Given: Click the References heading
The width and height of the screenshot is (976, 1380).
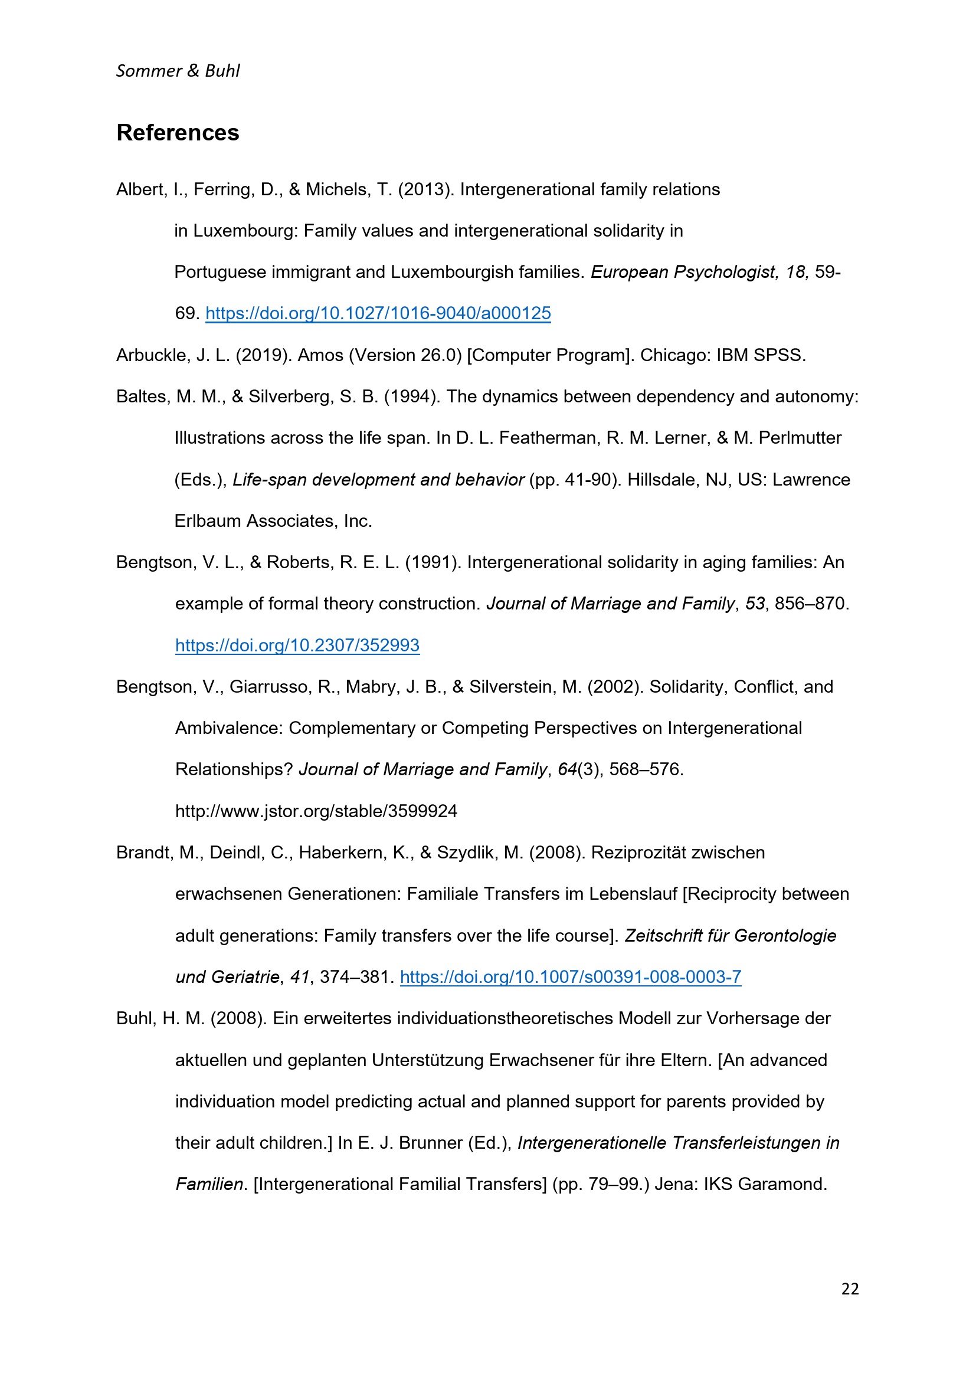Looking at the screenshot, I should [177, 133].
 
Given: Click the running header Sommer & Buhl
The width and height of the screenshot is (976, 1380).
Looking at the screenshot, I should [177, 71].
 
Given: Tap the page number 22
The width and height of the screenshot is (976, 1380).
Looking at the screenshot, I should [850, 1289].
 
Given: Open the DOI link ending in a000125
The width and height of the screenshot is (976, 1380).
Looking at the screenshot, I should [378, 313].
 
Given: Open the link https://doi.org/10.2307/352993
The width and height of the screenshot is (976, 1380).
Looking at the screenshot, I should [297, 645].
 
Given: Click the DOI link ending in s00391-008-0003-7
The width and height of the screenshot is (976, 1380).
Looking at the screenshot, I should [571, 976].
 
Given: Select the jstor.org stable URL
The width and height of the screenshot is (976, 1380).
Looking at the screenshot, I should [316, 811].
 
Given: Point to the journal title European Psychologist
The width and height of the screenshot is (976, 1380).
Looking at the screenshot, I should [683, 271].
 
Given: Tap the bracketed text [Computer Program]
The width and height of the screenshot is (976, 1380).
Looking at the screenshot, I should [551, 355].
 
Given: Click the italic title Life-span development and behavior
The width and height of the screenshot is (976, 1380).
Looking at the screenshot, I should [378, 480].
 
